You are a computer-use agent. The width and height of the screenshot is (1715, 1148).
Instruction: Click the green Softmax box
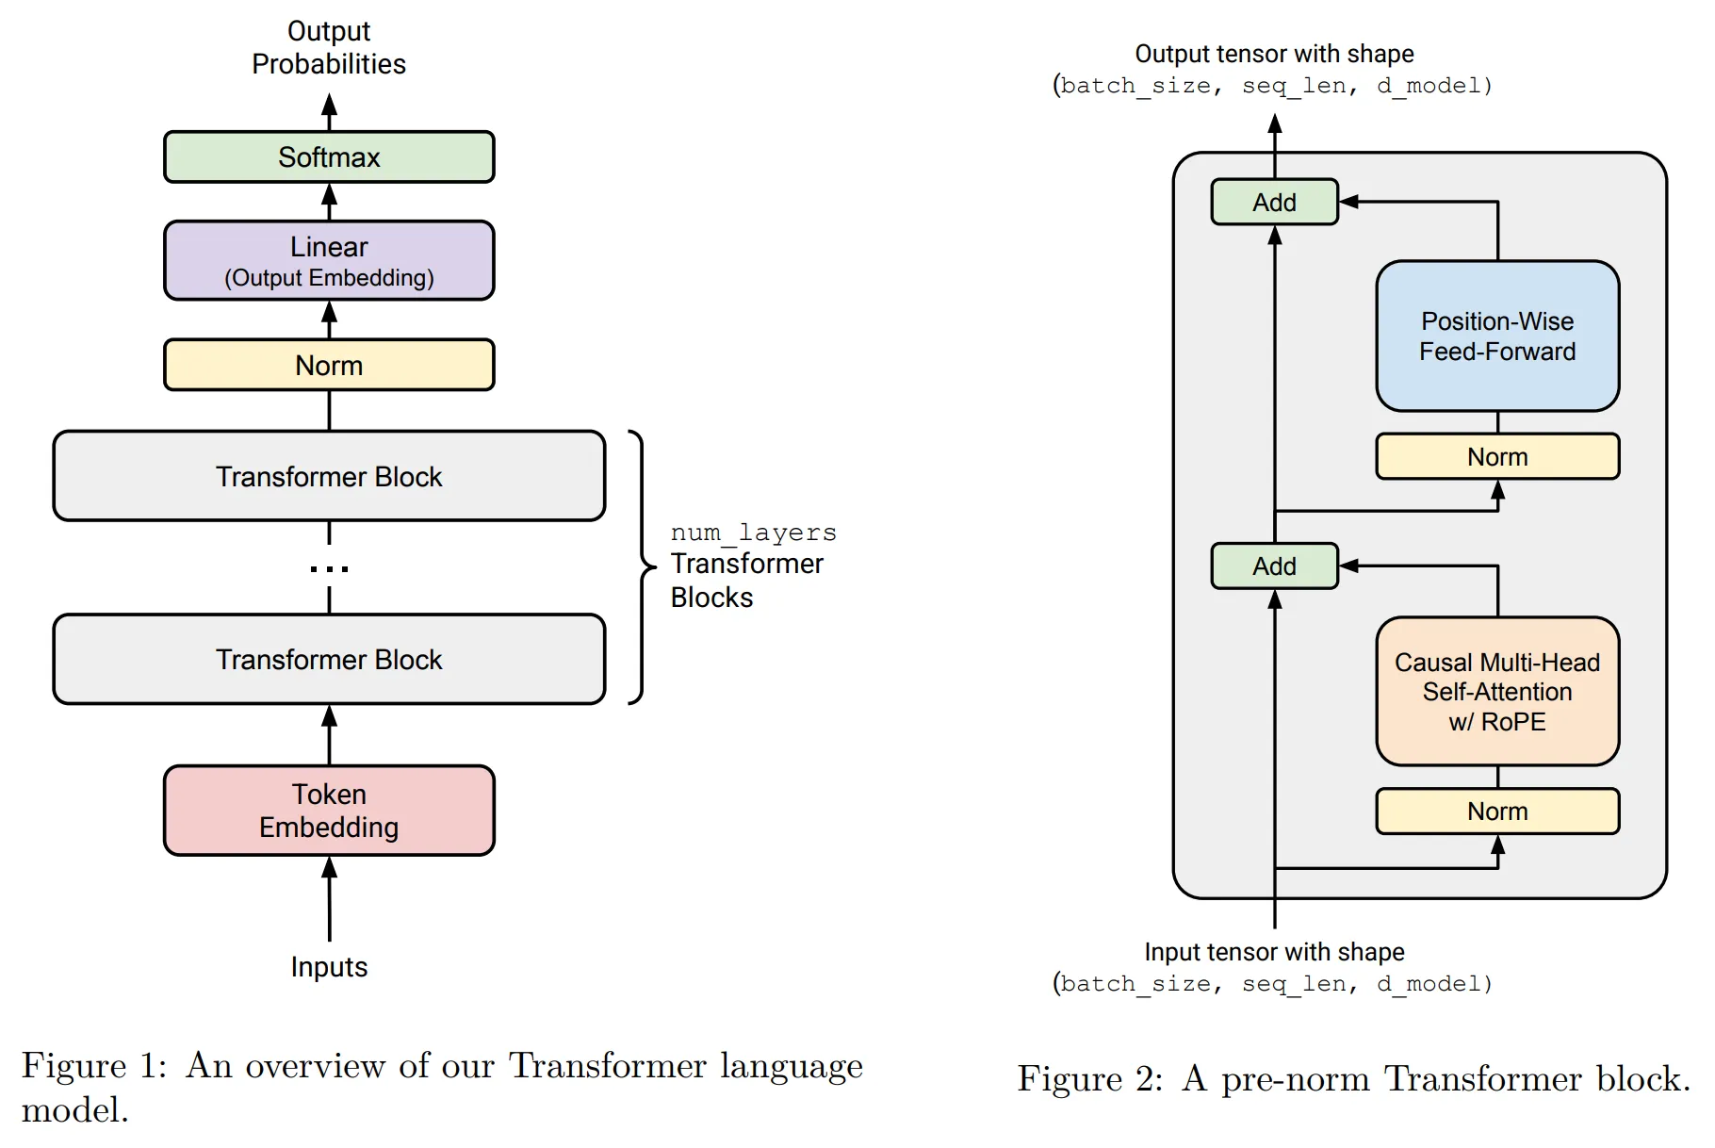tap(329, 157)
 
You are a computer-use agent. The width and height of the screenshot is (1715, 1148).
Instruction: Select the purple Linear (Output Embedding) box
tap(329, 261)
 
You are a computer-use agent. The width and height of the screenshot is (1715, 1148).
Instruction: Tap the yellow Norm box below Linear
tap(329, 365)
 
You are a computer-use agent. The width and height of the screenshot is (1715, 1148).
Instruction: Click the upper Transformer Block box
tap(329, 476)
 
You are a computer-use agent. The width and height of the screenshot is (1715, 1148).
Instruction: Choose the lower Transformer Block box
tap(329, 659)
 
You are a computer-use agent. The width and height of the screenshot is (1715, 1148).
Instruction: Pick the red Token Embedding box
tap(329, 811)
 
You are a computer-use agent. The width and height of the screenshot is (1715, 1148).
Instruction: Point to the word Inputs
tap(329, 967)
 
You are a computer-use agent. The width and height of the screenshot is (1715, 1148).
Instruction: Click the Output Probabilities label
tap(329, 47)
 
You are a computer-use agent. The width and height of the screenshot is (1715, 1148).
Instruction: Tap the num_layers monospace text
tap(753, 533)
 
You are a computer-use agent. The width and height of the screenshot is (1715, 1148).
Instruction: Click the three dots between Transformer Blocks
tap(329, 568)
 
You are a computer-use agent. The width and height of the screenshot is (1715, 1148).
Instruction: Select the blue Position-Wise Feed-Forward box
tap(1497, 336)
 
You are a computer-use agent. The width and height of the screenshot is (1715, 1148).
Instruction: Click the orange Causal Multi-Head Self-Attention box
tap(1497, 692)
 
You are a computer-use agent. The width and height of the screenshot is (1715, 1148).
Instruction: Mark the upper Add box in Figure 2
tap(1274, 203)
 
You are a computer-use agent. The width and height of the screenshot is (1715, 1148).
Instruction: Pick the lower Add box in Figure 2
tap(1274, 566)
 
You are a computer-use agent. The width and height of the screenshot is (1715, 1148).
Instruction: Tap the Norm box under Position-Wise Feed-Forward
tap(1497, 457)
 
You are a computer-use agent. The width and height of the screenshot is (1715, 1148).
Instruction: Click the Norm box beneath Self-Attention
tap(1497, 812)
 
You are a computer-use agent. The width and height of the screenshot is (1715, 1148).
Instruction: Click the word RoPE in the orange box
tap(1513, 722)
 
